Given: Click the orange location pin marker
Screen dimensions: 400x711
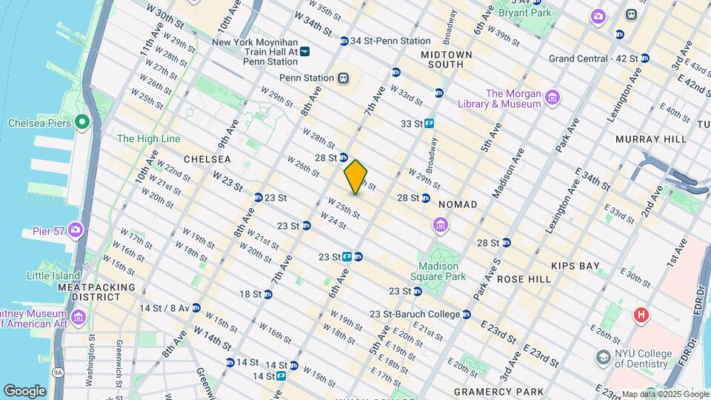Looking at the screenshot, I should tap(356, 177).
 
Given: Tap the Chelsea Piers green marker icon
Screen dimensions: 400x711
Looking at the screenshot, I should tap(82, 122).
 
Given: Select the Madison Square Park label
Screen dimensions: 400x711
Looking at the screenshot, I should tap(441, 271).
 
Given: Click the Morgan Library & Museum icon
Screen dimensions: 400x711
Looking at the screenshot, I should tap(552, 98).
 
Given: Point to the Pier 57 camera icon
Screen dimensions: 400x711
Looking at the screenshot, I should tap(75, 230).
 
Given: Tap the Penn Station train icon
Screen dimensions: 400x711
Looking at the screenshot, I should tap(343, 78).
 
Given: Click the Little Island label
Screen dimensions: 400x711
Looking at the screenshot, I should tap(53, 276).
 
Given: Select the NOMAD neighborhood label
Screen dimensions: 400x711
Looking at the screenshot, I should tap(457, 204).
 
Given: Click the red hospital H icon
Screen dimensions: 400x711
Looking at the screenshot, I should tap(641, 315).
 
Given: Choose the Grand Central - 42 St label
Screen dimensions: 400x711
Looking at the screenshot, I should tap(594, 59).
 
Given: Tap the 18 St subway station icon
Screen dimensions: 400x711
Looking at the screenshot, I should tap(268, 294).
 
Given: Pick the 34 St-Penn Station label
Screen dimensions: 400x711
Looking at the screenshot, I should tap(390, 41).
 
